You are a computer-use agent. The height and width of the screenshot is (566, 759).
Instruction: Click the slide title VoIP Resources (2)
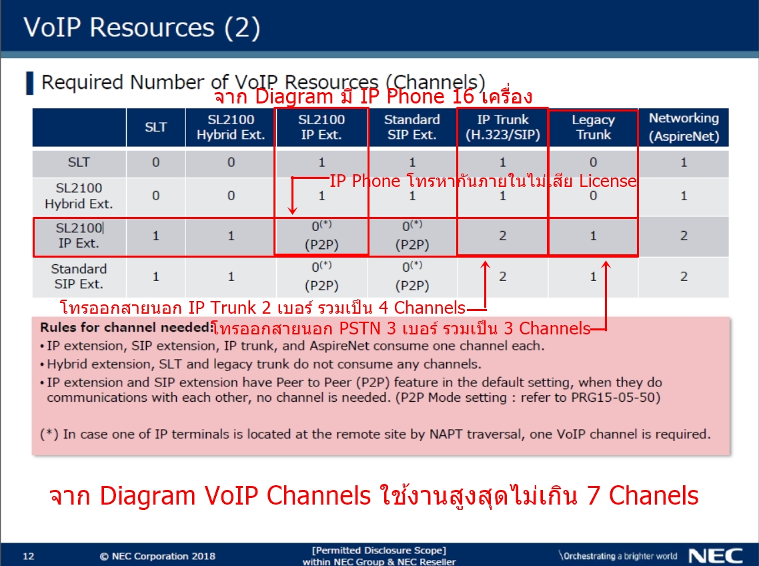click(x=142, y=27)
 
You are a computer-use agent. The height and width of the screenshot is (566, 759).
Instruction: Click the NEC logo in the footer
click(x=716, y=556)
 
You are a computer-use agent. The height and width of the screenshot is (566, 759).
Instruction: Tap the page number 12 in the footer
click(x=29, y=556)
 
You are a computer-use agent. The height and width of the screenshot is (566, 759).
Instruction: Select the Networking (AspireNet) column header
click(x=684, y=127)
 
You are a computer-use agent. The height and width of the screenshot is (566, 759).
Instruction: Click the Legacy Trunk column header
click(x=593, y=127)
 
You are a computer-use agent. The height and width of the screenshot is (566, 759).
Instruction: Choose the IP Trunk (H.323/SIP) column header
click(x=502, y=127)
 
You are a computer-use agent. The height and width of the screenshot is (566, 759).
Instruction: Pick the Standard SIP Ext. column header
click(x=412, y=127)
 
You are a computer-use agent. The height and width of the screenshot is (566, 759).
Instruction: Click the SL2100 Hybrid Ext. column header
click(x=231, y=127)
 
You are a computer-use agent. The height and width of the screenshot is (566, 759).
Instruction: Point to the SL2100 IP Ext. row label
click(x=79, y=236)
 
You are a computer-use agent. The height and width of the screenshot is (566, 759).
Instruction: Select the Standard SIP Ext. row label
click(x=79, y=276)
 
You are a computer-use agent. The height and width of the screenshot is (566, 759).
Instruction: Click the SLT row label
click(x=79, y=162)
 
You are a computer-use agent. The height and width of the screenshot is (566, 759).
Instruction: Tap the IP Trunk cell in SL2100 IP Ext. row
click(x=502, y=236)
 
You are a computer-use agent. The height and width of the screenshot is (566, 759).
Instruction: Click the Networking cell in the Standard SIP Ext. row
click(x=684, y=276)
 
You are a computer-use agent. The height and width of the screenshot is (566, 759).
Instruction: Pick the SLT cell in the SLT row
click(x=155, y=162)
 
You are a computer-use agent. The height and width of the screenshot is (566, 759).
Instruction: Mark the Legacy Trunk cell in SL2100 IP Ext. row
click(x=593, y=236)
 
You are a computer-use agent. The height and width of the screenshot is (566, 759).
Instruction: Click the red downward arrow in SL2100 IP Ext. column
click(x=292, y=196)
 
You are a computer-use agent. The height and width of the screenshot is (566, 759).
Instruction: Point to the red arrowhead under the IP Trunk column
click(x=485, y=264)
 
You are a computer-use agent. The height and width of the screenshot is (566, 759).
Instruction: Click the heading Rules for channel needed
click(x=126, y=328)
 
